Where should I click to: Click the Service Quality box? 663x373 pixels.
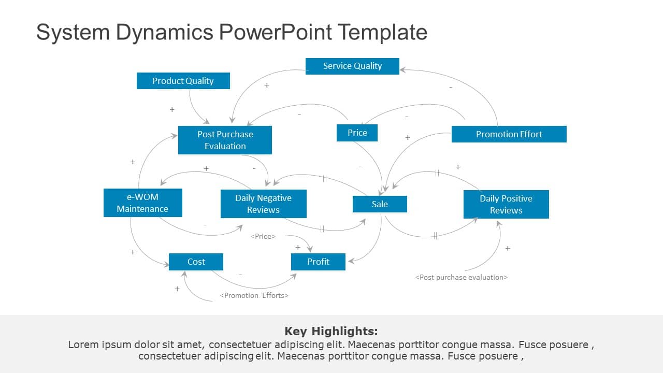[352, 66]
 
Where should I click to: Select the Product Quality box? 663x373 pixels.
[183, 81]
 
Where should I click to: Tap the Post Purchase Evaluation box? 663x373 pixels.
[225, 140]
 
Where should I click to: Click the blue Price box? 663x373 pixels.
[357, 133]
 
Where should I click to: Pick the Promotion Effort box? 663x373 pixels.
[509, 134]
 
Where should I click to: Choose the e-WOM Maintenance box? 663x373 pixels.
[142, 203]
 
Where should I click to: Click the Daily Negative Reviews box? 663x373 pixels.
[263, 204]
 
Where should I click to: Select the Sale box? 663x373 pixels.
[380, 204]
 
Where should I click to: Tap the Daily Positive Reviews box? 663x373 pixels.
[506, 204]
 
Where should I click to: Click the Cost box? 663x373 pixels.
[196, 262]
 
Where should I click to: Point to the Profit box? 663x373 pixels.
[318, 262]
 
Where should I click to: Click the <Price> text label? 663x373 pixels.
[263, 236]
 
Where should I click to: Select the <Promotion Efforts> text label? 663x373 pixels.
[254, 295]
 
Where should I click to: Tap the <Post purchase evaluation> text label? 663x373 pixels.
[461, 277]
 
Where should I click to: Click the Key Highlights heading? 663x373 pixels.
[331, 331]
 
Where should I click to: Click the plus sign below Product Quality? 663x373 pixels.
[172, 110]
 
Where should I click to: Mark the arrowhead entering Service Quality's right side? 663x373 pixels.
[402, 69]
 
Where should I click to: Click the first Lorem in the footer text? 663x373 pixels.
[83, 345]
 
